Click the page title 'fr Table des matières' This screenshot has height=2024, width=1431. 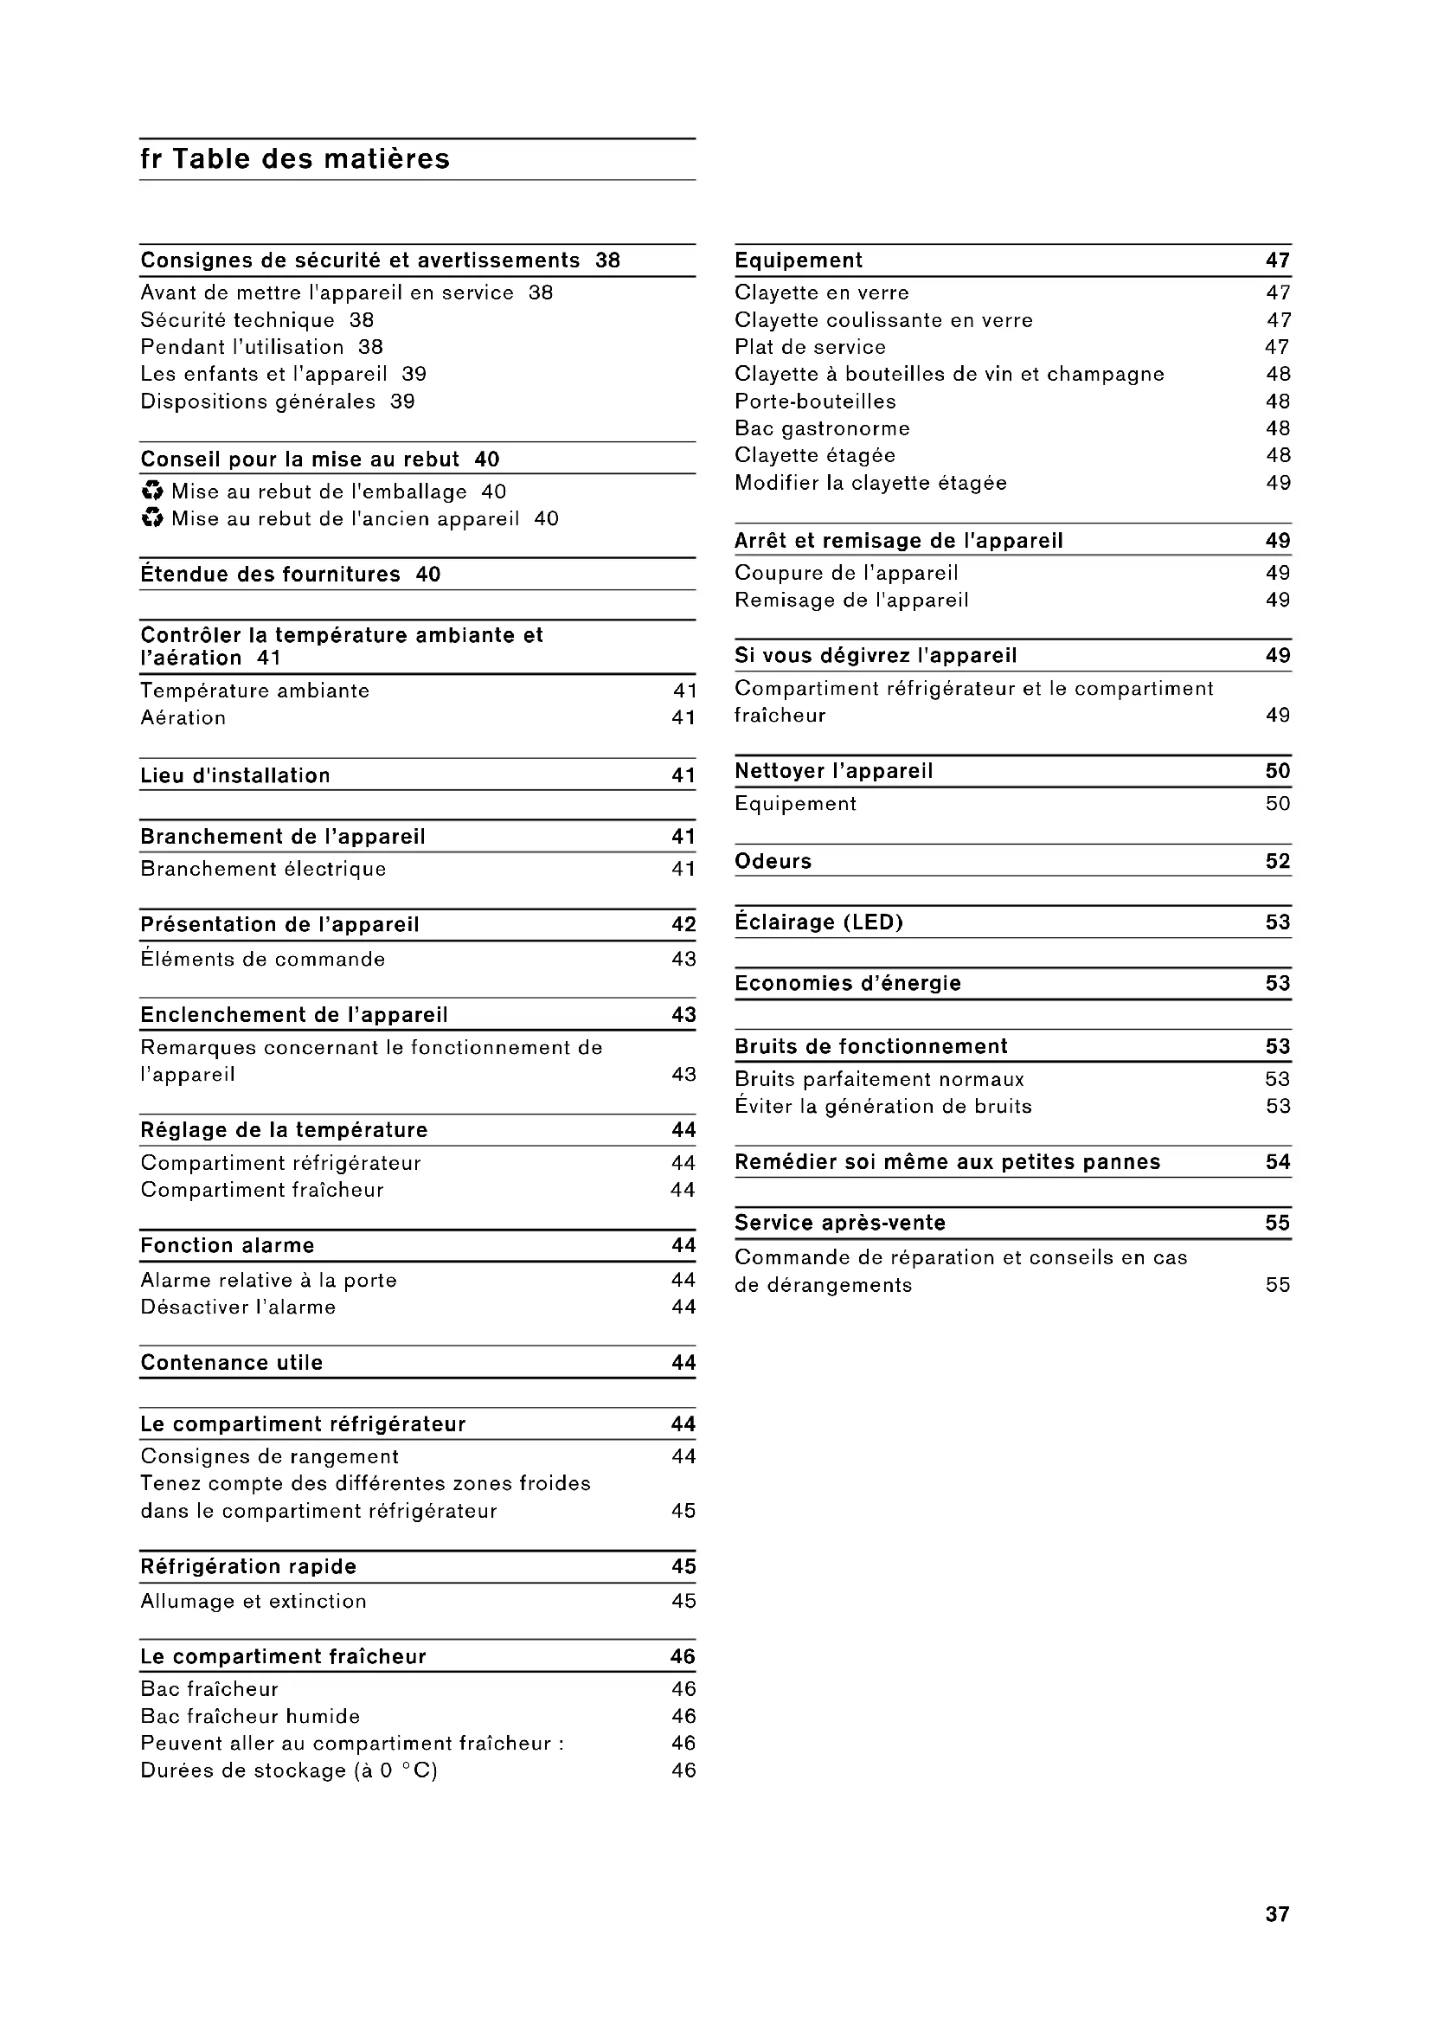click(x=295, y=159)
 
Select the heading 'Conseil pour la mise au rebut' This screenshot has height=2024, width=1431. click(x=299, y=459)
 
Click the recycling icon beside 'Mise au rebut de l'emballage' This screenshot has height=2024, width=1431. click(x=152, y=491)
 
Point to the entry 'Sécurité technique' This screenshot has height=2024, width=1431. click(x=238, y=320)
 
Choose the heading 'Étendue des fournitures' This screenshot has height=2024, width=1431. click(x=271, y=575)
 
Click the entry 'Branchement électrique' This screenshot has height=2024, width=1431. click(x=264, y=869)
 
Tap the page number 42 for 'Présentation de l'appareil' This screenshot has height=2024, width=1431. click(x=683, y=925)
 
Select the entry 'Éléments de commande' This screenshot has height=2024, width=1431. click(x=263, y=959)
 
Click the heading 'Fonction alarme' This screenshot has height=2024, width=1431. click(x=228, y=1245)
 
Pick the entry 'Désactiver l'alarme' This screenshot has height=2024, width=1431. click(x=238, y=1308)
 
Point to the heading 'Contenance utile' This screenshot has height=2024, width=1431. click(x=232, y=1363)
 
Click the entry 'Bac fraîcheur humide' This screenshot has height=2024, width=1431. click(x=250, y=1716)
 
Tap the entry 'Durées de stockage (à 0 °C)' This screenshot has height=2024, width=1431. click(x=289, y=1770)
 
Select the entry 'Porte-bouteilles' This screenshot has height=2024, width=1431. click(x=815, y=402)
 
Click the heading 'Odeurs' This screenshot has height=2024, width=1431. click(x=773, y=861)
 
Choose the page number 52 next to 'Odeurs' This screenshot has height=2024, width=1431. click(x=1278, y=861)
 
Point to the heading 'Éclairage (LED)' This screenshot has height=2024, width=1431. click(x=818, y=922)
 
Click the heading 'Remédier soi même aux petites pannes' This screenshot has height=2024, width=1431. click(x=947, y=1162)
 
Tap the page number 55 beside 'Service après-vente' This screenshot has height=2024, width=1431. click(x=1278, y=1223)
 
